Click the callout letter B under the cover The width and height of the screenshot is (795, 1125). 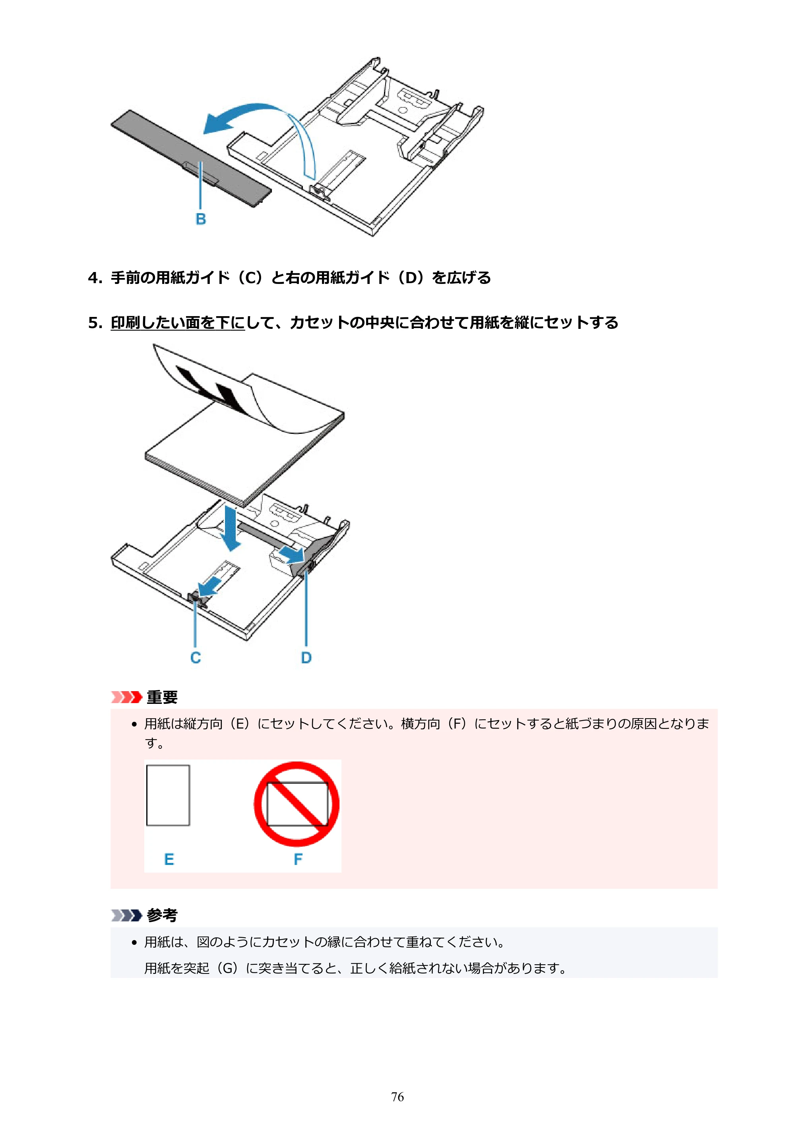pyautogui.click(x=201, y=219)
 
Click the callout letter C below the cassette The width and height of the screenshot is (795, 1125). pyautogui.click(x=196, y=658)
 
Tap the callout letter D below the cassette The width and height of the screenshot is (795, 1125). pyautogui.click(x=306, y=658)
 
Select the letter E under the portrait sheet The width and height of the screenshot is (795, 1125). pyautogui.click(x=169, y=859)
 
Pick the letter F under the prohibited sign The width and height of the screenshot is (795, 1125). pyautogui.click(x=298, y=859)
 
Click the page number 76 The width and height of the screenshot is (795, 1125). pyautogui.click(x=397, y=1097)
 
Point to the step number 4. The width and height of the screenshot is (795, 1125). pyautogui.click(x=94, y=278)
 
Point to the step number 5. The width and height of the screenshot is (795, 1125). pyautogui.click(x=94, y=323)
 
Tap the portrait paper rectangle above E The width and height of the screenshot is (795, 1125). pyautogui.click(x=168, y=795)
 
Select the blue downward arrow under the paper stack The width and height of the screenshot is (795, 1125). pyautogui.click(x=229, y=527)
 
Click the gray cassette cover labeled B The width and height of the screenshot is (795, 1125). pyautogui.click(x=191, y=158)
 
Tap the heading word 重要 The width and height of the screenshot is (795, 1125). pyautogui.click(x=162, y=697)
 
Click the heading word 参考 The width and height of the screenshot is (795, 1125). pyautogui.click(x=162, y=915)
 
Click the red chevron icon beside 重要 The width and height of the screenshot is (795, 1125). pyautogui.click(x=126, y=697)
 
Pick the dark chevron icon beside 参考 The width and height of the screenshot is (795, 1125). pyautogui.click(x=126, y=915)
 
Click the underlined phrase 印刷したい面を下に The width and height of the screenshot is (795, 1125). pyautogui.click(x=178, y=323)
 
